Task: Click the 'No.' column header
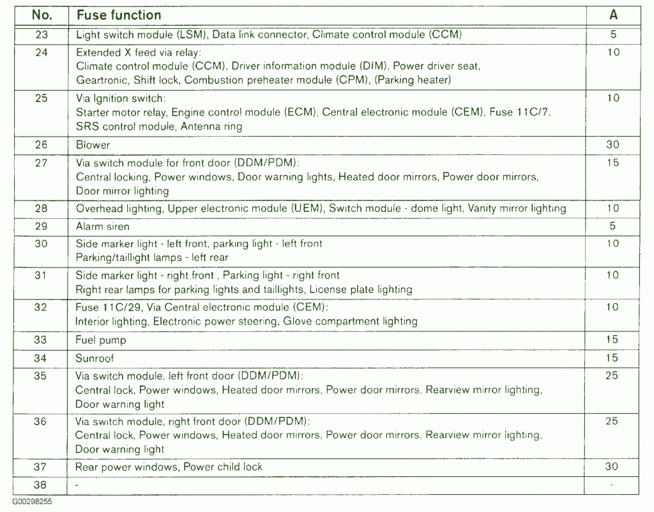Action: (x=41, y=15)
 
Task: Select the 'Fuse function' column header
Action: (x=119, y=15)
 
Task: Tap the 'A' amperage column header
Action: (x=614, y=15)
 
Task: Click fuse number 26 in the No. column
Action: (x=41, y=145)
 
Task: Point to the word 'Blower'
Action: (x=93, y=145)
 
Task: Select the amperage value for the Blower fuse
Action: (x=612, y=145)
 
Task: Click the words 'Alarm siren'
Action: (x=102, y=226)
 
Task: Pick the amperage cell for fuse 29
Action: (x=612, y=226)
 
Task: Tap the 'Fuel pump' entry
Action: (x=100, y=340)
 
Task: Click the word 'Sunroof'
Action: (x=95, y=358)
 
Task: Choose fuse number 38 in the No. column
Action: (x=40, y=485)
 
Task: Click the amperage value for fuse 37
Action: (x=612, y=467)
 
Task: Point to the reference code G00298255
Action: (x=32, y=502)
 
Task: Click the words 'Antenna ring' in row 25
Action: (x=211, y=126)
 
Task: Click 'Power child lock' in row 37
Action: (x=223, y=467)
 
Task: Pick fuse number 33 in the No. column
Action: (x=40, y=340)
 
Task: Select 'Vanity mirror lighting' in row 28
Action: (x=517, y=208)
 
